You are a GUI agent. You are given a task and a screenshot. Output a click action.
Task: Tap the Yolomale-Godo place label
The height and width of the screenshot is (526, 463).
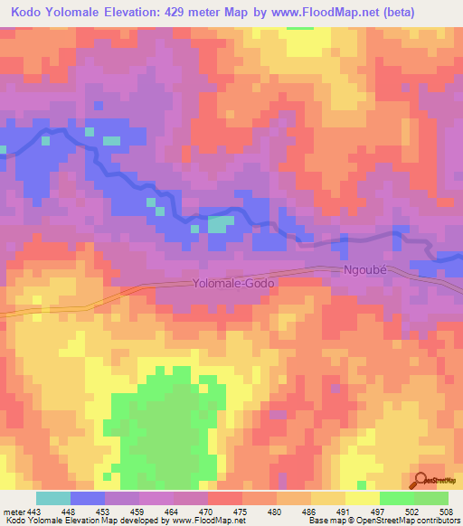tap(233, 283)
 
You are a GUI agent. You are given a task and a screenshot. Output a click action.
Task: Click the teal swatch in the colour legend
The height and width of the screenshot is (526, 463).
tap(53, 498)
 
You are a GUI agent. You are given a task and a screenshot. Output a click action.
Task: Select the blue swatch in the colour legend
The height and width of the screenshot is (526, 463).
tap(88, 498)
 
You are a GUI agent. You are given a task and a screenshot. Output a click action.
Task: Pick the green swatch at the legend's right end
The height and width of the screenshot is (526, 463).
tap(430, 498)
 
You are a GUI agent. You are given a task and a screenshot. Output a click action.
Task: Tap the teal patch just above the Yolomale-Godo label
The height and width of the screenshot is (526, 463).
tap(220, 223)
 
